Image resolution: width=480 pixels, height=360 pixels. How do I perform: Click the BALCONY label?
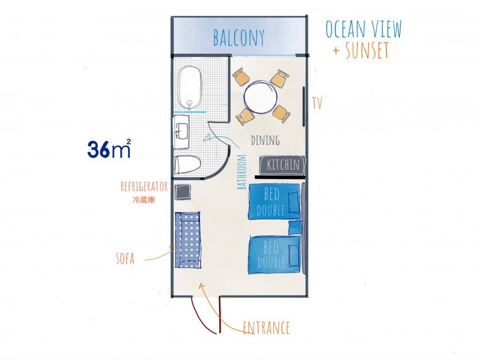click(x=238, y=38)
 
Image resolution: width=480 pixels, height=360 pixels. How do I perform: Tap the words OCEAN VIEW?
click(x=363, y=29)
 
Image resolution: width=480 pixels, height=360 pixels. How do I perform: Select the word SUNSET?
click(x=367, y=50)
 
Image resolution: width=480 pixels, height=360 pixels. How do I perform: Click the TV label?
click(x=317, y=103)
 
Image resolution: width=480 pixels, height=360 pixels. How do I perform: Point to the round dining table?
click(x=261, y=97)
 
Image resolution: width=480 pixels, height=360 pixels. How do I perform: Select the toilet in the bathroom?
click(x=187, y=164)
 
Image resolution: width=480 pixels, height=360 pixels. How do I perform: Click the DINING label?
click(x=265, y=140)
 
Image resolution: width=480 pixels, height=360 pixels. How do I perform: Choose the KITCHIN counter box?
click(x=283, y=165)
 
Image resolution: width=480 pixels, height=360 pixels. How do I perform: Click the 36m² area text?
click(x=109, y=149)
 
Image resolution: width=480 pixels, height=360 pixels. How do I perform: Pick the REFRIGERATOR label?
click(x=144, y=186)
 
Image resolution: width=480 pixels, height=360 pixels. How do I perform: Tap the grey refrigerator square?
click(x=183, y=192)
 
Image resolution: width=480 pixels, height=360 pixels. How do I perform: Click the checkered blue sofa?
click(x=188, y=240)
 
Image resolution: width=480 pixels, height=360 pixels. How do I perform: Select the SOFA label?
click(x=125, y=259)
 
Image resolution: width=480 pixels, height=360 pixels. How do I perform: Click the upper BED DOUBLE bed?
click(x=274, y=201)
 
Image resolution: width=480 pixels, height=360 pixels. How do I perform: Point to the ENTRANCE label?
click(x=266, y=328)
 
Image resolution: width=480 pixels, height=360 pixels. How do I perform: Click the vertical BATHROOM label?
click(x=242, y=172)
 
